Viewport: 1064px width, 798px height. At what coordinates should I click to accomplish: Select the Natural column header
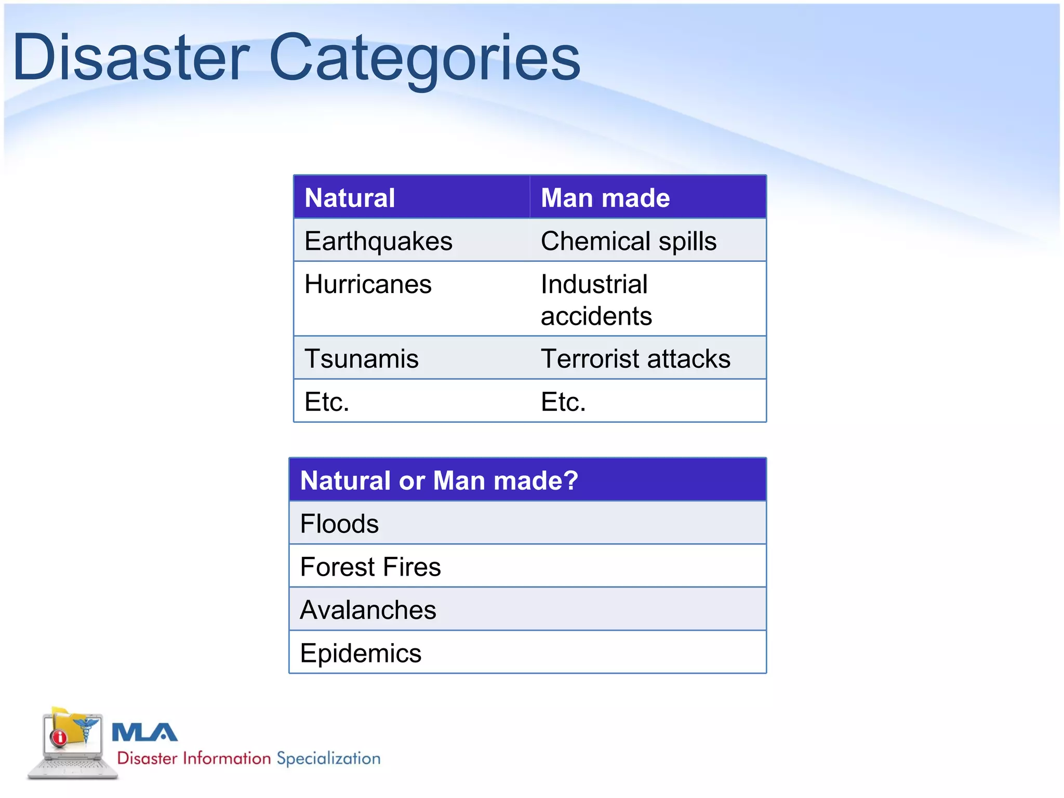point(350,198)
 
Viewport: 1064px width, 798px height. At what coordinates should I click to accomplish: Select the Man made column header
point(605,198)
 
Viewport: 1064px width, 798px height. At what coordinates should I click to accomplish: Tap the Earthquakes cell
point(378,241)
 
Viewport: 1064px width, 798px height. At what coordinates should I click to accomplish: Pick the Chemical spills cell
point(629,241)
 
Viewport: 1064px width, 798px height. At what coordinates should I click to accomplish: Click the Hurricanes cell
point(368,284)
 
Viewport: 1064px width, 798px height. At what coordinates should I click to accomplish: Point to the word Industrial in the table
point(594,284)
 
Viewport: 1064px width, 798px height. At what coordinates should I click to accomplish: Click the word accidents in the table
point(596,316)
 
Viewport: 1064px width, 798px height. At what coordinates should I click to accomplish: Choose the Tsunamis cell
point(362,358)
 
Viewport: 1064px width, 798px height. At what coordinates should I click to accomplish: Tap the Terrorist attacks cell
point(635,358)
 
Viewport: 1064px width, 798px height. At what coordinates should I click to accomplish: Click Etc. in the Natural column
point(327,402)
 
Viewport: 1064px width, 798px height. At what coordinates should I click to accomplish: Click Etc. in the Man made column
point(563,402)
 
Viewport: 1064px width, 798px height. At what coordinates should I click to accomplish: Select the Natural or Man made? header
point(439,480)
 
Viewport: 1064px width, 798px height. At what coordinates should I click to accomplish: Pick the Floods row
point(339,523)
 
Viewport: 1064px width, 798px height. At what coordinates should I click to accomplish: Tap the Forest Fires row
point(370,566)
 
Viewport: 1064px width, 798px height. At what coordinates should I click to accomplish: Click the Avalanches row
point(368,609)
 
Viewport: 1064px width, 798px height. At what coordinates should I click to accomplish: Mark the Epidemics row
point(361,653)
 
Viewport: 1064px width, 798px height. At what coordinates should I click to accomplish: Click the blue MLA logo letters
point(144,733)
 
